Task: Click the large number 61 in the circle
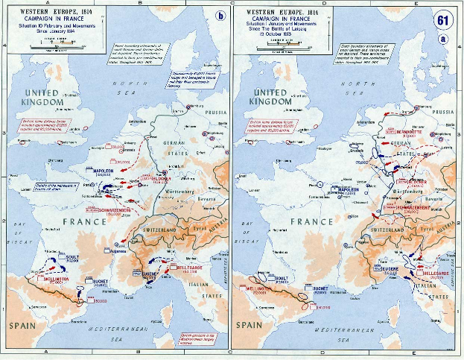(444, 19)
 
